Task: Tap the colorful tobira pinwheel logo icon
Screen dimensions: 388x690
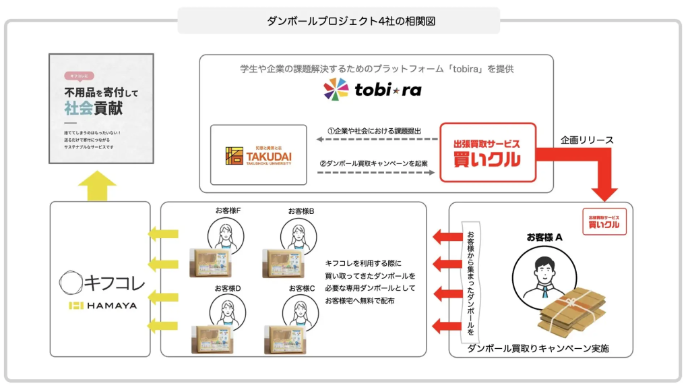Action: [336, 89]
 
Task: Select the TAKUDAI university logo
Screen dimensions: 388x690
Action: [259, 155]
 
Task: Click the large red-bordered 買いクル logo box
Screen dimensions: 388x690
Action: [488, 152]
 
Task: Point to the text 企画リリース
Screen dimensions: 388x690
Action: [587, 140]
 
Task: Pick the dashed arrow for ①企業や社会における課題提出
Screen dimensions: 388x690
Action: [375, 139]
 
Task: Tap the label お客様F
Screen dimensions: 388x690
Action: [228, 211]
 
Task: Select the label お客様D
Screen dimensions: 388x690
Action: [228, 288]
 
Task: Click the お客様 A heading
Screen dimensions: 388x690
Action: [544, 237]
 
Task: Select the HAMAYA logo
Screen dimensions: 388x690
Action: [102, 306]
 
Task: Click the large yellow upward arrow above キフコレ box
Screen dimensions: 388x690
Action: [98, 184]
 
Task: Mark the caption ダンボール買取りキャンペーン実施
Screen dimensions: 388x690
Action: [539, 349]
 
